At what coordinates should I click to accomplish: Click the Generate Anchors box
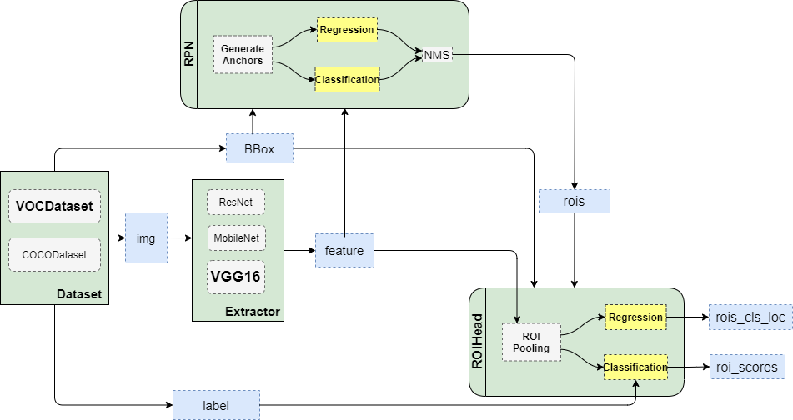point(243,55)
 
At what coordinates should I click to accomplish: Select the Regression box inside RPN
point(347,29)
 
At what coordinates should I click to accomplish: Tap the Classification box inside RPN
point(347,79)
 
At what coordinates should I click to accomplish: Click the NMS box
point(437,55)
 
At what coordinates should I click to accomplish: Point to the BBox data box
point(259,148)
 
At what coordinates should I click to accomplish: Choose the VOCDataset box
point(55,206)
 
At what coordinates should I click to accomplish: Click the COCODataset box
point(55,255)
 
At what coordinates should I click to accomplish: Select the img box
point(146,238)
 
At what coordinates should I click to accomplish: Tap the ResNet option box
point(236,202)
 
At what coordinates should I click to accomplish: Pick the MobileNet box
point(236,238)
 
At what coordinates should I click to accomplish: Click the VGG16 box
point(236,277)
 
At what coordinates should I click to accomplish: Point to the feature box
point(344,251)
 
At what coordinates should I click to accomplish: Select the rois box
point(574,201)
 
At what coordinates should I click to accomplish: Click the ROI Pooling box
point(531,342)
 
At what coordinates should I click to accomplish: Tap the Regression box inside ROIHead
point(635,317)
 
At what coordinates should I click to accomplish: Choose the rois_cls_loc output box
point(750,317)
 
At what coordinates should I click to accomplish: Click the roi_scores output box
point(747,367)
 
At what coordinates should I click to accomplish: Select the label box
point(217,405)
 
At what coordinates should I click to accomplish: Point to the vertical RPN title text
point(189,55)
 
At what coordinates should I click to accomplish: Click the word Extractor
point(253,312)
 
